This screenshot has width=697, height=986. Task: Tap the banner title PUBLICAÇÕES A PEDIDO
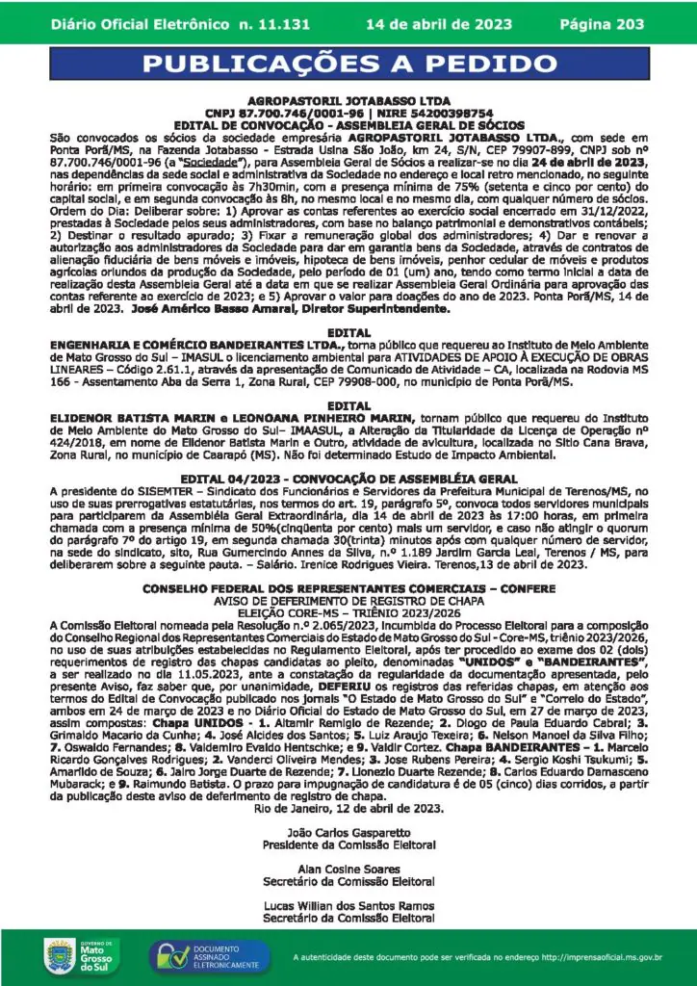[x=348, y=65]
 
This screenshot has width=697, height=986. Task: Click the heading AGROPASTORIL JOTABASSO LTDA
[x=348, y=100]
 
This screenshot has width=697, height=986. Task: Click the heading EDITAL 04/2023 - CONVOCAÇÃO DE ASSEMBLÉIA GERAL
[x=348, y=478]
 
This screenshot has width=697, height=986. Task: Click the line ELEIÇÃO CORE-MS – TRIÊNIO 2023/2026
[x=348, y=611]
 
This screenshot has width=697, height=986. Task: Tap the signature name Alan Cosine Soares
[x=348, y=869]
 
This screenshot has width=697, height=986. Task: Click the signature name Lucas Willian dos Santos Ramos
[x=348, y=906]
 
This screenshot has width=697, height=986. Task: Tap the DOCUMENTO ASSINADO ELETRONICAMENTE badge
[x=203, y=955]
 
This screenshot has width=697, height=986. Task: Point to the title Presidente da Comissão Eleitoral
[x=348, y=843]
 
